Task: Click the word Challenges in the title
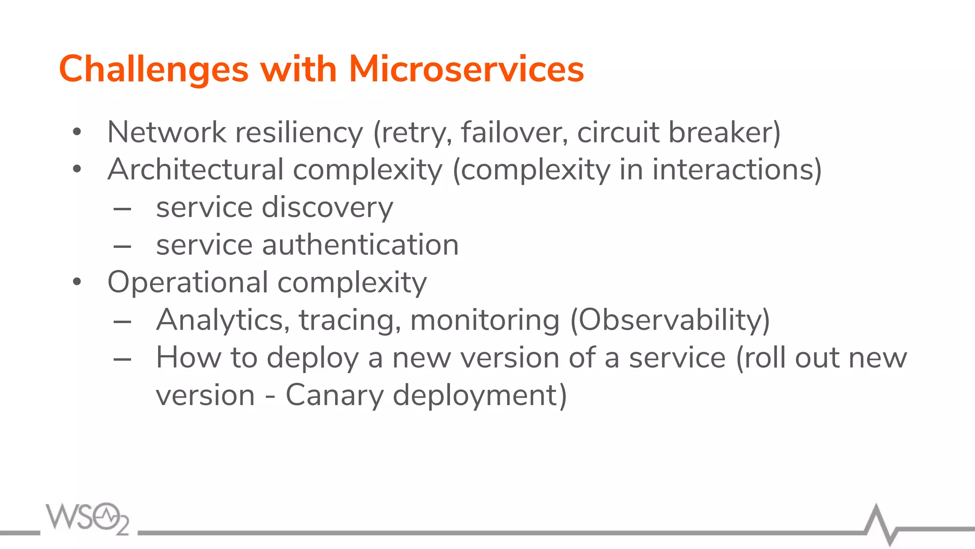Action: coord(153,70)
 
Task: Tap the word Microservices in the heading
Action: coord(466,70)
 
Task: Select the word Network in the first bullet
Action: coord(167,132)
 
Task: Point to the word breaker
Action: coord(724,132)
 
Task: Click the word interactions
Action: coord(736,170)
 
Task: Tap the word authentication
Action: coord(360,245)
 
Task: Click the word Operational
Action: coord(188,282)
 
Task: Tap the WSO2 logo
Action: coord(88,518)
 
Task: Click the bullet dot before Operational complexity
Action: coord(77,282)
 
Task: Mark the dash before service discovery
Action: coord(122,209)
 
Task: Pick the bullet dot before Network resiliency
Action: coord(77,132)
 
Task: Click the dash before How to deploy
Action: coord(122,359)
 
